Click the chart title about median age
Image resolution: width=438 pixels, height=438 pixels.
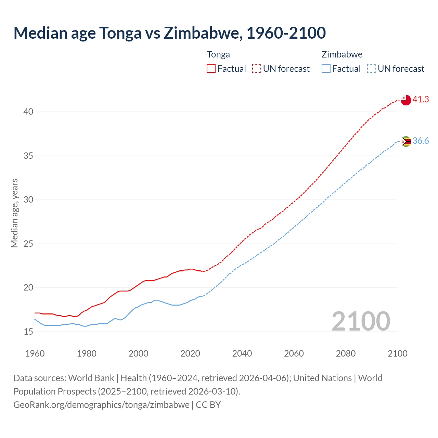[169, 33]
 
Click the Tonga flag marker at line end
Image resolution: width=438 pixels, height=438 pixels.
[406, 100]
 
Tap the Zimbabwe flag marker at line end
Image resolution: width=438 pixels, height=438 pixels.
[406, 141]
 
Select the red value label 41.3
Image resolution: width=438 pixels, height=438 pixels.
[421, 100]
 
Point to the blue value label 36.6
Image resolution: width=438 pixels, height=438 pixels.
[421, 141]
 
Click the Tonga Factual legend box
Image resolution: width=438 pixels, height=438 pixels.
[211, 68]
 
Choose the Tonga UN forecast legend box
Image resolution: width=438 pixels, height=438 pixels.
[257, 68]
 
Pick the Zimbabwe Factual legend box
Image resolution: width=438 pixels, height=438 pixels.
[326, 68]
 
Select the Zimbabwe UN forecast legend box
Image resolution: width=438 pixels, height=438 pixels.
[372, 68]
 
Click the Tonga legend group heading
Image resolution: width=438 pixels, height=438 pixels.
[218, 54]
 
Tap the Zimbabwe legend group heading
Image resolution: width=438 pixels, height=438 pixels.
[342, 54]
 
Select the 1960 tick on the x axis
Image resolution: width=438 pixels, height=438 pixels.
[35, 353]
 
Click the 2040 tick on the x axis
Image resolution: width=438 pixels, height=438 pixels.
[242, 353]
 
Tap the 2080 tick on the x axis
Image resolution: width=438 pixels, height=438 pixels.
[346, 353]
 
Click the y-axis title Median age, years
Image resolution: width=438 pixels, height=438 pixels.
[14, 213]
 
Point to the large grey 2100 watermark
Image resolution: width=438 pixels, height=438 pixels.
[361, 321]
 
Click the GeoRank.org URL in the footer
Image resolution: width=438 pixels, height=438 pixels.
[101, 405]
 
